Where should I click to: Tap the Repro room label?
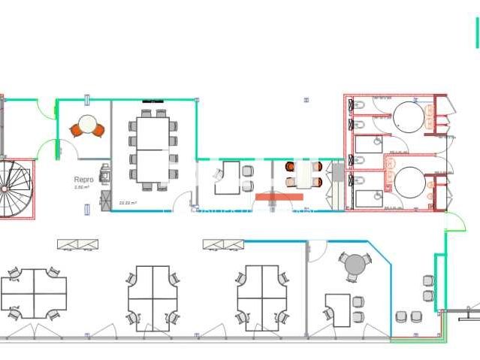point(83,180)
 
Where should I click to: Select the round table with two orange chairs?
point(88,126)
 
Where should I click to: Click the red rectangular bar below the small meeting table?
point(279,197)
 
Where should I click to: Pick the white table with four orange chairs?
point(304,174)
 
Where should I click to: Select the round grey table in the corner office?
point(353,265)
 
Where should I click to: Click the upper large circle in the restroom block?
point(409,118)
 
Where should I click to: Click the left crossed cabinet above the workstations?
point(78,244)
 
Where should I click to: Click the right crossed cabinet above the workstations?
point(223,244)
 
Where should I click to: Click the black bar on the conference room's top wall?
point(154,100)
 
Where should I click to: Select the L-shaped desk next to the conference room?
point(227,178)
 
